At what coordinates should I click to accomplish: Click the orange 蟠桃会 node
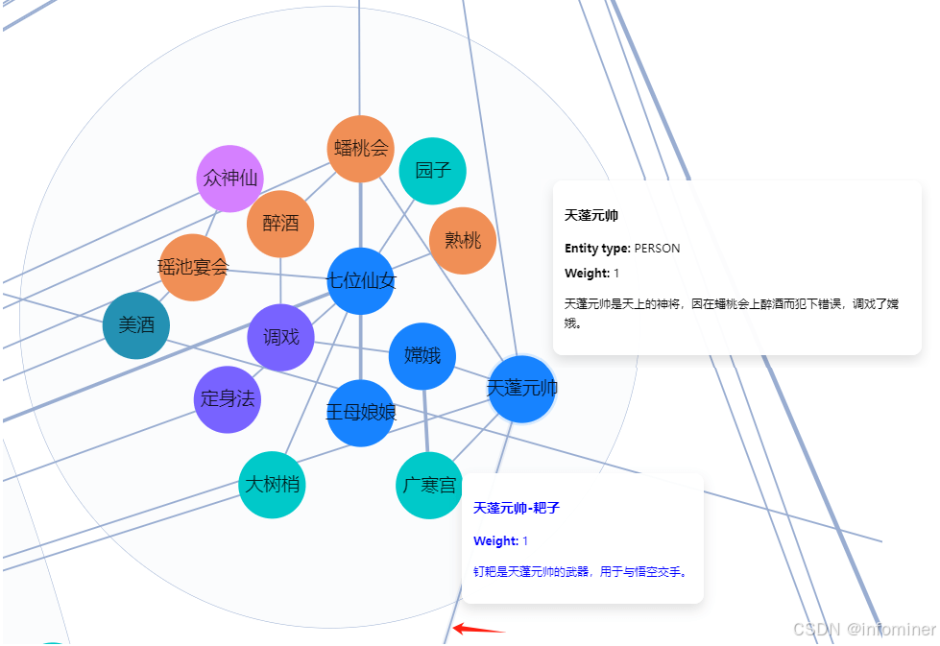(x=360, y=149)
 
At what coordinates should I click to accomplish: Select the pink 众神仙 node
(x=230, y=179)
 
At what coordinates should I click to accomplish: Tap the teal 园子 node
(x=433, y=171)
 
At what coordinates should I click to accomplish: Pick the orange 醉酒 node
(x=280, y=224)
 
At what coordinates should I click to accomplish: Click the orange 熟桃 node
(x=463, y=241)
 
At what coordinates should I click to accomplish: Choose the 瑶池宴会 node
(x=193, y=267)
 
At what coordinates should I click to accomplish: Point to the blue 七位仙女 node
(x=361, y=281)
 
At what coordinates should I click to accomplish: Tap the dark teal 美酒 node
(x=136, y=325)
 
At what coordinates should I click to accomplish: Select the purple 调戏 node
(x=280, y=337)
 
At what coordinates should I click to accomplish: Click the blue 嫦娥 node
(x=422, y=356)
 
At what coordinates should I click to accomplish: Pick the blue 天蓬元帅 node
(x=522, y=389)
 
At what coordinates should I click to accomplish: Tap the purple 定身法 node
(x=228, y=399)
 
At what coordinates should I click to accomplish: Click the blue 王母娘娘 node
(x=361, y=413)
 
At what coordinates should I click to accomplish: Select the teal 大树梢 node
(x=272, y=484)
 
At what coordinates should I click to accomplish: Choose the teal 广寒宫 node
(x=429, y=486)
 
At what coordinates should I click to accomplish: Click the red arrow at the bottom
(x=479, y=629)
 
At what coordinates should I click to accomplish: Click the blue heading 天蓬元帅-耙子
(x=517, y=508)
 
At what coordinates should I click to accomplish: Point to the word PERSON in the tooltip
(x=657, y=248)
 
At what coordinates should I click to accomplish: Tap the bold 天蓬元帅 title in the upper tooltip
(x=591, y=215)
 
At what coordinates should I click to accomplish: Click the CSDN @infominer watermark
(x=864, y=630)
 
